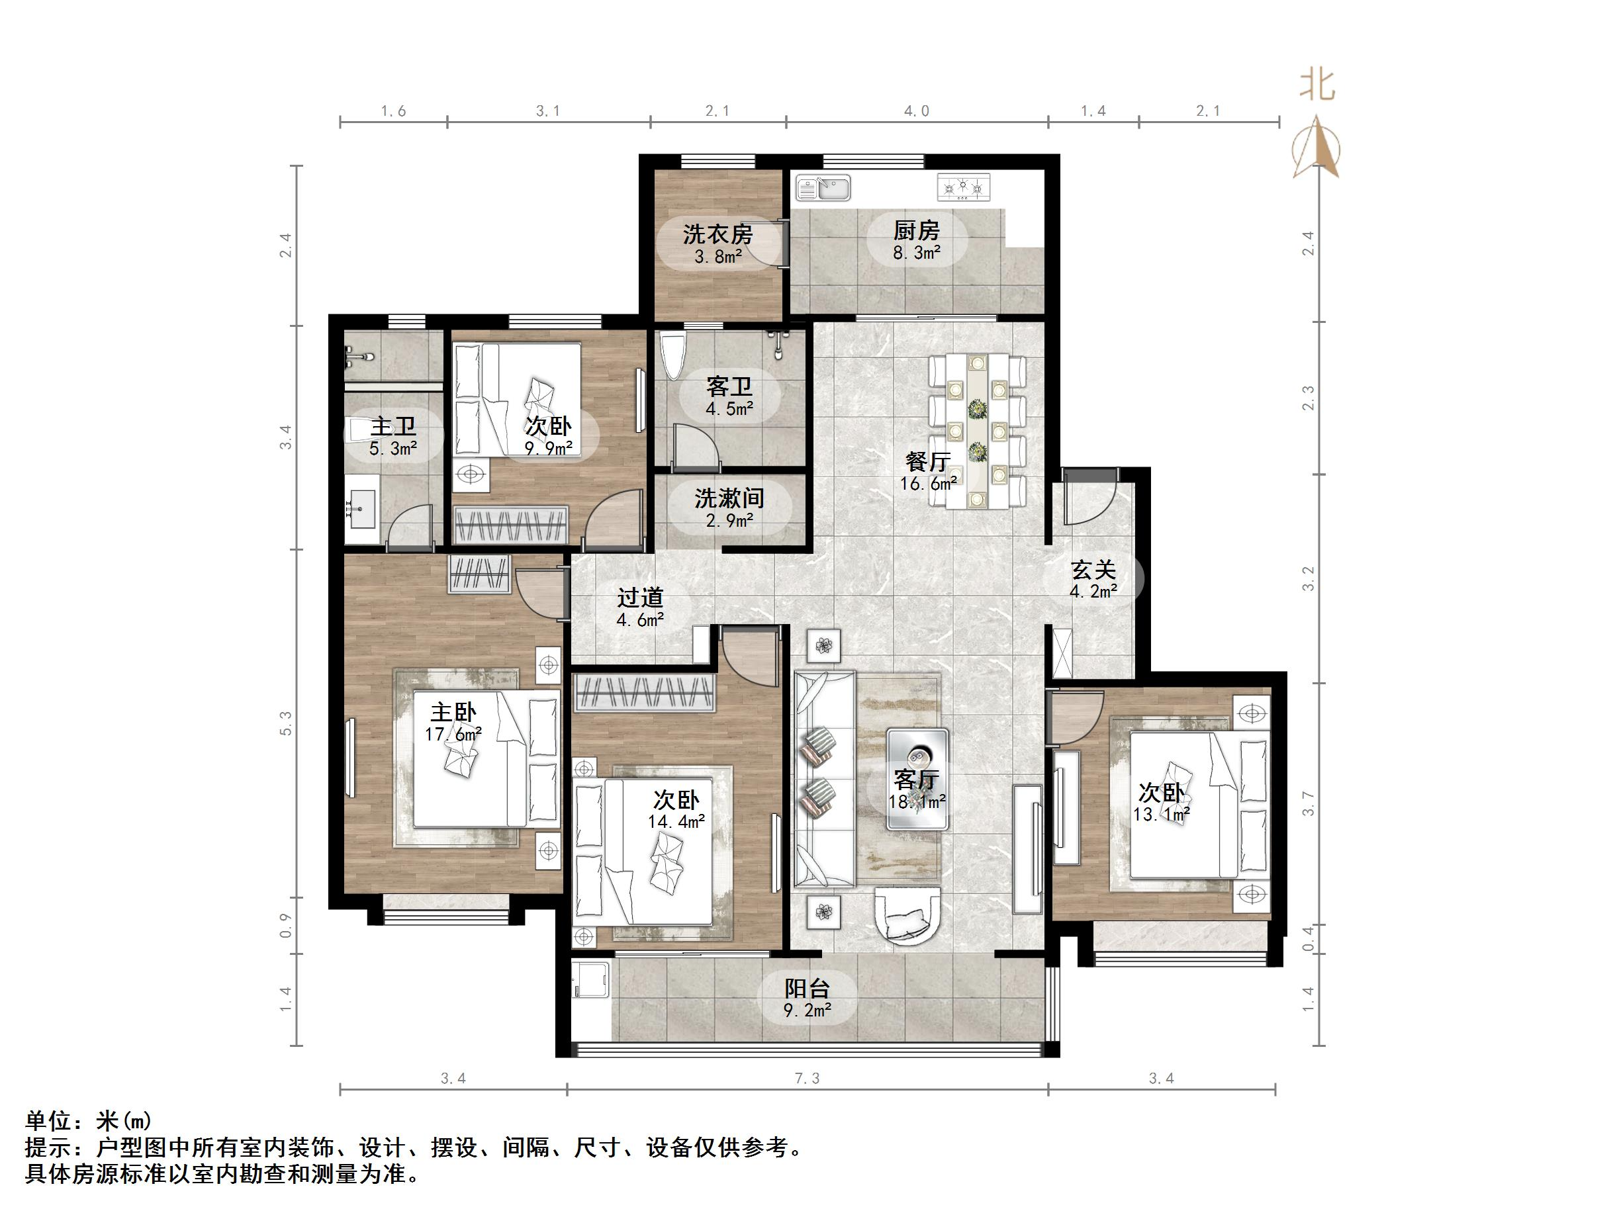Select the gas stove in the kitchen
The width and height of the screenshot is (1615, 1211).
coord(964,187)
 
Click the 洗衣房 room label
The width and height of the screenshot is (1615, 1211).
coord(717,234)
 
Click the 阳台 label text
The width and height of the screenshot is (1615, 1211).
coord(807,989)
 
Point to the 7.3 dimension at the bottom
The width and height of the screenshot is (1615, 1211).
coord(807,1078)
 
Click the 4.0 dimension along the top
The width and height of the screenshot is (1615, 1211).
coord(916,111)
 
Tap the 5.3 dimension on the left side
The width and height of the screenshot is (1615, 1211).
coord(285,723)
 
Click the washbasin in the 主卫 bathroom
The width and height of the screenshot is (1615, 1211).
coord(360,506)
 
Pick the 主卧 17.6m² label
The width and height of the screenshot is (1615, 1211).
coord(453,722)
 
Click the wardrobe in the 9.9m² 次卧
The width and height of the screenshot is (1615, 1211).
coord(510,524)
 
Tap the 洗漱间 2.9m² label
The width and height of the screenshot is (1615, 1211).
coord(729,508)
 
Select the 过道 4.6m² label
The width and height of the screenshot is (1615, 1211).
coord(639,607)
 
